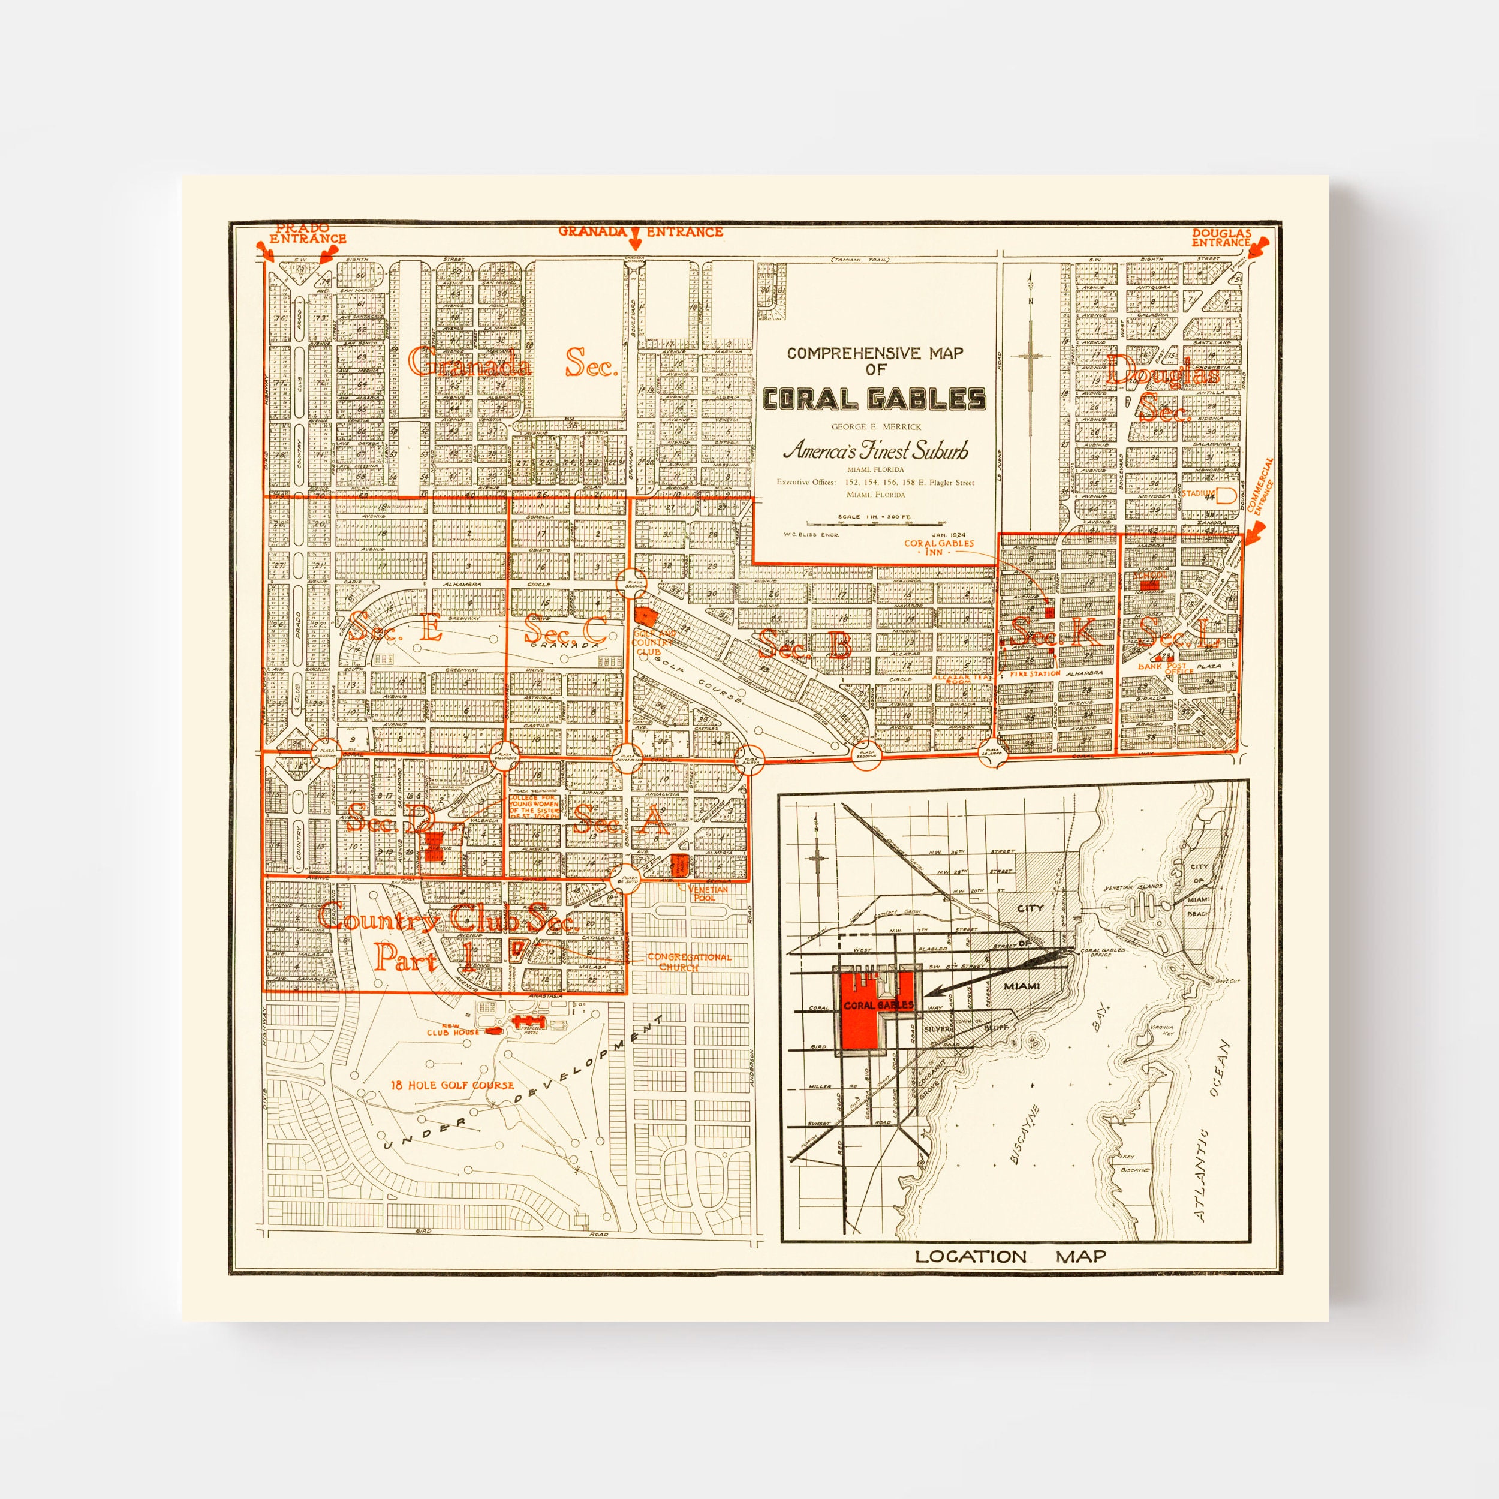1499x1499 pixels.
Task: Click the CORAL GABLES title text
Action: [x=874, y=399]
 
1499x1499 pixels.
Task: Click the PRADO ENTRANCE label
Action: [x=307, y=235]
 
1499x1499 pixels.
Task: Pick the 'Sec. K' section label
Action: [x=1055, y=634]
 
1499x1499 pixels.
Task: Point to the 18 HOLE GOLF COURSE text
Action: [x=451, y=1085]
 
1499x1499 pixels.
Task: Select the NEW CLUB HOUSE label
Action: [x=453, y=1029]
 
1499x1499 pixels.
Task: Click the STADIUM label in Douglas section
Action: [x=1197, y=493]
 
